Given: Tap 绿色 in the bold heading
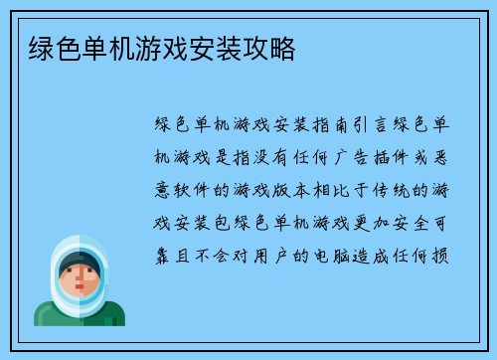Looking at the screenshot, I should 41,46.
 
